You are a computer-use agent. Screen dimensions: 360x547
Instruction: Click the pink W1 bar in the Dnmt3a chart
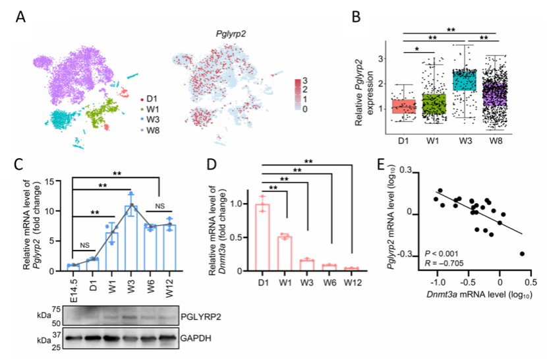pyautogui.click(x=284, y=252)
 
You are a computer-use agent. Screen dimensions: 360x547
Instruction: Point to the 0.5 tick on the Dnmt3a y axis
pyautogui.click(x=245, y=236)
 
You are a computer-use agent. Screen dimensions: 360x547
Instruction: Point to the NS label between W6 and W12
pyautogui.click(x=160, y=206)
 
